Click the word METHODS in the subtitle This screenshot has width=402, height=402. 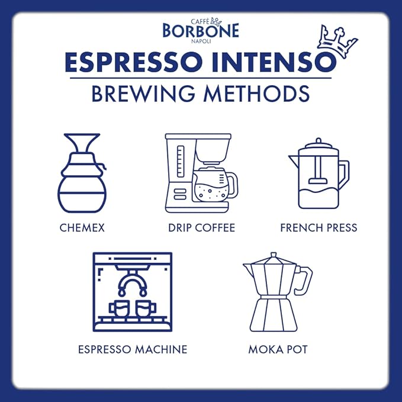[x=260, y=94]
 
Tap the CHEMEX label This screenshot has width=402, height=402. [x=82, y=227]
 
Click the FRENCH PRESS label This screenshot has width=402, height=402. [x=319, y=227]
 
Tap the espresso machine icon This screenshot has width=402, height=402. [x=133, y=292]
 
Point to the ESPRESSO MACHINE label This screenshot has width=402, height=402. [x=133, y=349]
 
